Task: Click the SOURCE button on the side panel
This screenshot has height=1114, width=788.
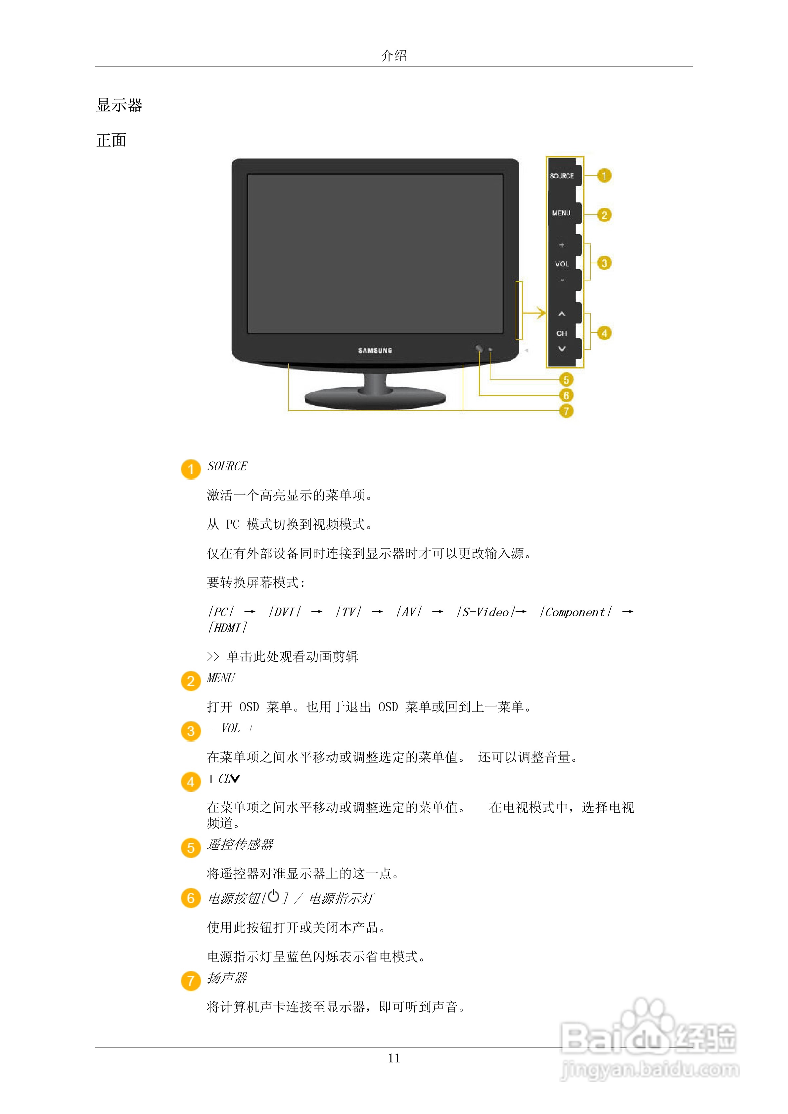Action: click(562, 176)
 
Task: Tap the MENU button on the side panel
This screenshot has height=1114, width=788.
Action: click(561, 213)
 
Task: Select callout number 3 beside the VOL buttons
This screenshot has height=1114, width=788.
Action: click(604, 263)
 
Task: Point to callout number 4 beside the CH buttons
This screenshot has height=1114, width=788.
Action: click(604, 333)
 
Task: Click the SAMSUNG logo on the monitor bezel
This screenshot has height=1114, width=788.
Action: click(375, 350)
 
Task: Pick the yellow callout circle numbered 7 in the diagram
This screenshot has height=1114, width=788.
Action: click(566, 411)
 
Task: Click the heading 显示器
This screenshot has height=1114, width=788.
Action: click(119, 105)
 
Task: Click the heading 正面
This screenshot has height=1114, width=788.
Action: click(112, 141)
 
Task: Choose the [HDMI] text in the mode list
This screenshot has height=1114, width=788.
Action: click(227, 628)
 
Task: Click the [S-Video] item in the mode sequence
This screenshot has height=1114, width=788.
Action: click(485, 612)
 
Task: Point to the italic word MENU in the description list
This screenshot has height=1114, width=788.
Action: click(221, 678)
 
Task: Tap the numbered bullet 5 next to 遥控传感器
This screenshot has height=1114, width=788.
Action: click(191, 848)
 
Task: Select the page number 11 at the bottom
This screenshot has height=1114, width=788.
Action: click(394, 1058)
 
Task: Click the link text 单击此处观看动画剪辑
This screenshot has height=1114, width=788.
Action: click(292, 657)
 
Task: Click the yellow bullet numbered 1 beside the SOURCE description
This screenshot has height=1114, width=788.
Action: click(191, 469)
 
